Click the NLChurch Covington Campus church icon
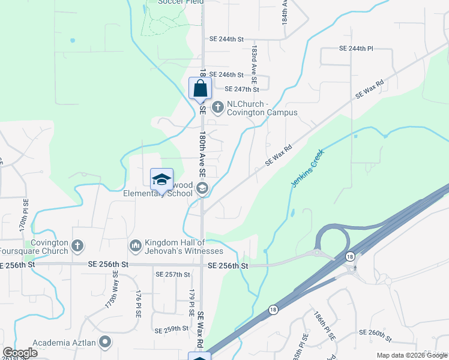pos(217,107)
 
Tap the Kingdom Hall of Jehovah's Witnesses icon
pos(136,245)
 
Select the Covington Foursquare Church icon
pos(77,245)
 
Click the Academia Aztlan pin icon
pos(105,343)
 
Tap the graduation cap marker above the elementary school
pos(161,179)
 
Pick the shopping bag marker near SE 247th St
pos(200,89)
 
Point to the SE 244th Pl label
pos(356,48)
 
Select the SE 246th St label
pos(226,75)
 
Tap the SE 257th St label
pos(173,274)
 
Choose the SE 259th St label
pos(172,330)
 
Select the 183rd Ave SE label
pos(255,63)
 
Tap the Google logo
pos(20,353)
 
